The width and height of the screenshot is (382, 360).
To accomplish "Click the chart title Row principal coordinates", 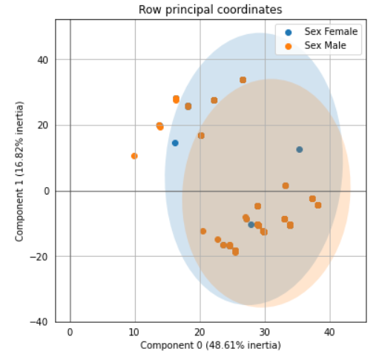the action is coord(210,10).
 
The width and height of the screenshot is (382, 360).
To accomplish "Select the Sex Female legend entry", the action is coord(321,32).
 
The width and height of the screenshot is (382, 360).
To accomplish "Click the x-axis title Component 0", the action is coord(211,345).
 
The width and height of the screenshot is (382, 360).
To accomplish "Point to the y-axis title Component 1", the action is coord(19,171).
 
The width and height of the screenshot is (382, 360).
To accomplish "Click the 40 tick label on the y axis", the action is coord(42,60).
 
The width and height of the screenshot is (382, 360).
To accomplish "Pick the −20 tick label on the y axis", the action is coord(39,257).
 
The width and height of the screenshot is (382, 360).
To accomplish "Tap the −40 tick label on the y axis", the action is coord(39,322).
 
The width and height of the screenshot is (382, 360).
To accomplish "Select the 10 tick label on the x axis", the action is coord(134,333).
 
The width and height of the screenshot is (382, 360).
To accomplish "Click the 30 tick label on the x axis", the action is coord(264,333).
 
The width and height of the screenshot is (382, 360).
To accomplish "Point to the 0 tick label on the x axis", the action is coord(70,333).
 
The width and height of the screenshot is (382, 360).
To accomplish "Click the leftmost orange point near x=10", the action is coord(134,156).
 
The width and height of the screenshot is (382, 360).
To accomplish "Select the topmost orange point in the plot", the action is coord(243,80).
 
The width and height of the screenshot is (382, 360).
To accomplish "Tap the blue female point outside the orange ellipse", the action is coord(175,143).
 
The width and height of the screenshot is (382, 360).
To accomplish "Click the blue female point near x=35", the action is coord(300,149).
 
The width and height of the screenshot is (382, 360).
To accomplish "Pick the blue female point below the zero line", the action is coord(251,225).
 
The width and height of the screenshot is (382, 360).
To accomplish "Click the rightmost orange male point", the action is coord(318,205).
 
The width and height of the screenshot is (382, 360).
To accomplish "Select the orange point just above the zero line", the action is coord(286,186).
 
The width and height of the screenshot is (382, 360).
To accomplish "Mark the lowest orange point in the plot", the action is coord(235,252).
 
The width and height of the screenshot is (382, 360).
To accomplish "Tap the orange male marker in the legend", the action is coord(289,46).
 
